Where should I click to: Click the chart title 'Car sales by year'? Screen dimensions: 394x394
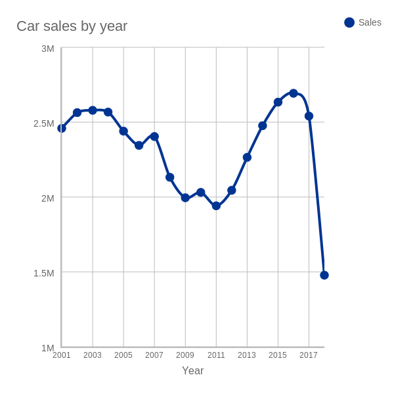[x=72, y=26]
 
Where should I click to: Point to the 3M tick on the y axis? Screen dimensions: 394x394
[x=47, y=49]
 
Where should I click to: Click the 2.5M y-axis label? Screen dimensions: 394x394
[x=43, y=123]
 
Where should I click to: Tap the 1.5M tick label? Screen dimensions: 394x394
[x=43, y=273]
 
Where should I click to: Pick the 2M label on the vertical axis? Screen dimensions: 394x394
[x=47, y=198]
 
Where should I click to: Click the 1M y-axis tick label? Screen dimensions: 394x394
[x=47, y=348]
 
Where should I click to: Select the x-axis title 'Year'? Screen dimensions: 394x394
[x=192, y=371]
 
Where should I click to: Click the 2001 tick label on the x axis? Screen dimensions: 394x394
[x=62, y=355]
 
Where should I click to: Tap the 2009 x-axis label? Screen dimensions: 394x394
[x=185, y=355]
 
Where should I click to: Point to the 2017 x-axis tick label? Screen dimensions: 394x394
[x=309, y=355]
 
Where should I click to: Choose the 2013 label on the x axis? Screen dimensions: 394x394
[x=247, y=355]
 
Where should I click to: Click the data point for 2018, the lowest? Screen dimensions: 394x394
[x=324, y=275]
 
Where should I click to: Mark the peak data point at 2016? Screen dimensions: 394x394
[x=294, y=93]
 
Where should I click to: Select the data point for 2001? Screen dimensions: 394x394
[x=62, y=128]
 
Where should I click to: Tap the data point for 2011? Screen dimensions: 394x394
[x=216, y=206]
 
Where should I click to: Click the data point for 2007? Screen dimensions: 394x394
[x=154, y=137]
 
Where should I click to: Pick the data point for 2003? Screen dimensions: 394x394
[x=93, y=110]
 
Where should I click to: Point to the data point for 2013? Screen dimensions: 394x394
[x=247, y=157]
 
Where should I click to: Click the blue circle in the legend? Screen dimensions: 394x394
[x=349, y=22]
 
